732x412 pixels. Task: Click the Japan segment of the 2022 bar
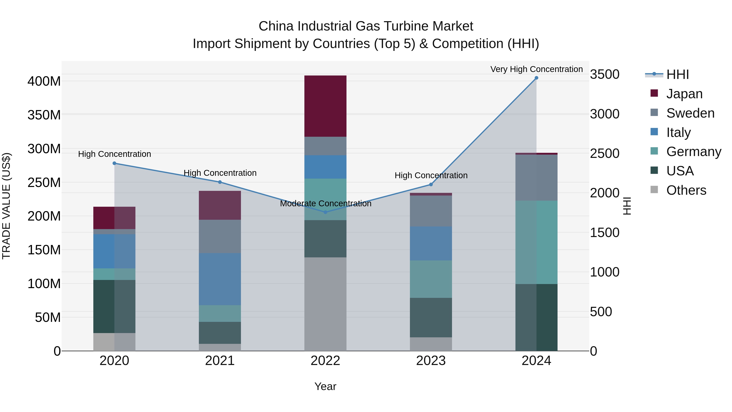click(x=325, y=106)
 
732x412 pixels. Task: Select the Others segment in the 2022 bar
click(x=325, y=304)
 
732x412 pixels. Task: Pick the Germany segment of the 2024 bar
click(x=536, y=242)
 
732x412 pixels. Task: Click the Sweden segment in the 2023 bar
click(x=431, y=211)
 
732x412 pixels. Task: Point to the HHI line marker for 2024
click(x=536, y=78)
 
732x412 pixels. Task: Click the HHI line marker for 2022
click(x=325, y=212)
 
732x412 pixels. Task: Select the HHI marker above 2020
click(x=114, y=163)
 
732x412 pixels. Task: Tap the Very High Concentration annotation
click(x=536, y=69)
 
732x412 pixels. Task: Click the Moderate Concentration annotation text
click(x=325, y=204)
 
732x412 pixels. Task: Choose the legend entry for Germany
click(x=693, y=152)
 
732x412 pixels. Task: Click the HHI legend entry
click(x=678, y=74)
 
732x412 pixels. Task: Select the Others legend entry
click(x=686, y=190)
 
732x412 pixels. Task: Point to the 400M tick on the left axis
click(x=44, y=81)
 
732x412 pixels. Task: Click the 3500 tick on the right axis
click(x=605, y=74)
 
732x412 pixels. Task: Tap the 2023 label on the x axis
click(x=431, y=361)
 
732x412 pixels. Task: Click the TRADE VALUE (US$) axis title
click(x=6, y=206)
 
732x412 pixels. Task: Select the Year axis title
click(x=325, y=386)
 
